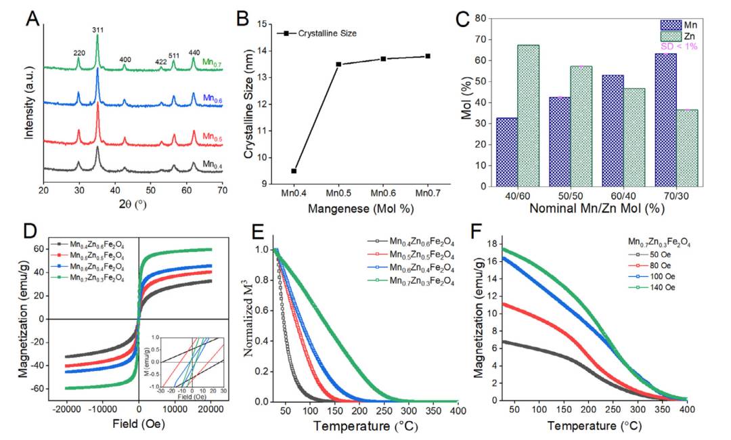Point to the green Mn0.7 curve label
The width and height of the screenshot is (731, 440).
[213, 64]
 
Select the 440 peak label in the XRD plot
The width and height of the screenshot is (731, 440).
[194, 53]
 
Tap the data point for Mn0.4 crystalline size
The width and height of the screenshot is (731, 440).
[294, 171]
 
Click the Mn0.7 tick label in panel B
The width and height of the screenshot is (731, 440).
[428, 195]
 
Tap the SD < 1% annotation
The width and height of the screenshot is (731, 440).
[678, 47]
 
